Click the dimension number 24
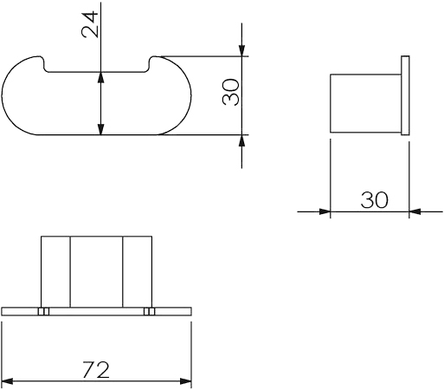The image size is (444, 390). coord(90,24)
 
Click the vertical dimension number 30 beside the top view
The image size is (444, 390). coord(231,92)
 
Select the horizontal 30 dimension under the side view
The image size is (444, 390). coord(374,200)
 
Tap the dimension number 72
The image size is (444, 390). coord(96,370)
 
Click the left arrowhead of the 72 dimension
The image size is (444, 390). coord(7,381)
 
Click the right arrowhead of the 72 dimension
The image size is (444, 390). coord(185,381)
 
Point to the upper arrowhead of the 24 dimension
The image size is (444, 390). coord(100,77)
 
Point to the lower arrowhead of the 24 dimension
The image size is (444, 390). coord(100,129)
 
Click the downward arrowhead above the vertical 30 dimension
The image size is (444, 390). coord(241,50)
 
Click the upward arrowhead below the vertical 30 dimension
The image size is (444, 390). coord(241,140)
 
